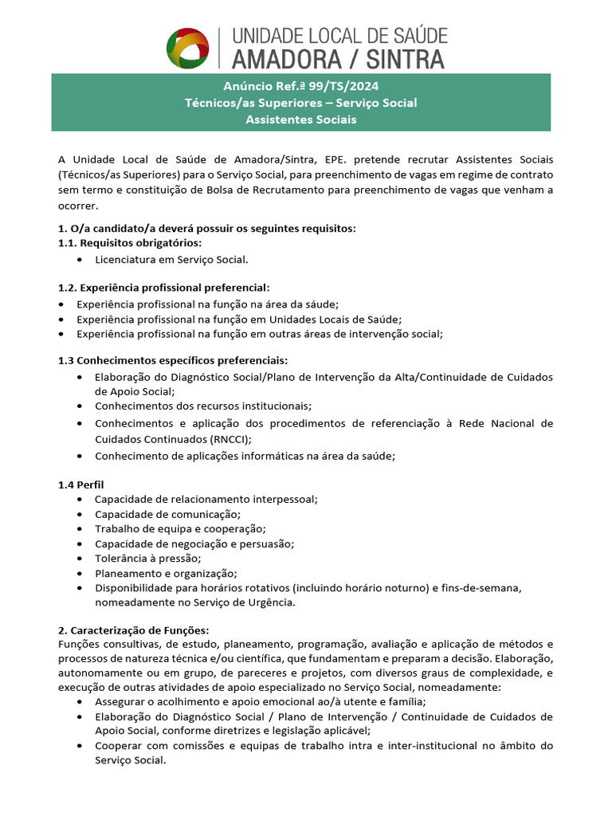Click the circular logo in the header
click(187, 48)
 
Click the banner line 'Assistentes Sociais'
click(301, 120)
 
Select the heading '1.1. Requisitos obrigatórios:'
click(130, 243)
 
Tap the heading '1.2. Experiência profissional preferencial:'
click(164, 287)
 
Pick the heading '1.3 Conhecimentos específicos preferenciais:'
click(173, 360)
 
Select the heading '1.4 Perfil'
click(81, 484)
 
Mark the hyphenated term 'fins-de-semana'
click(484, 587)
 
